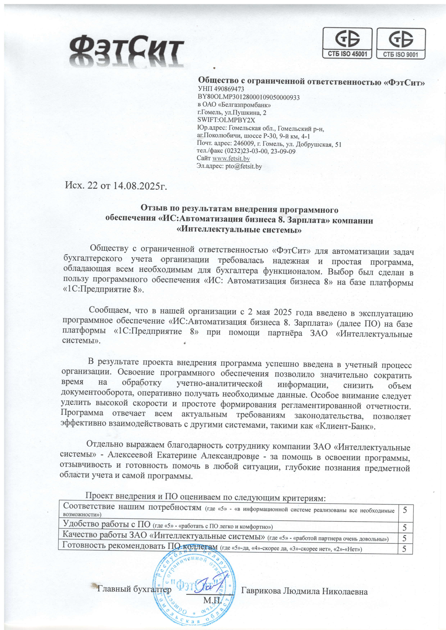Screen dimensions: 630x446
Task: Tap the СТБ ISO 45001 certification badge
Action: tap(347, 43)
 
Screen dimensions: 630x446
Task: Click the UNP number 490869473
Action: tap(229, 89)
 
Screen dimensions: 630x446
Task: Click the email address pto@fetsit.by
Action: tap(244, 166)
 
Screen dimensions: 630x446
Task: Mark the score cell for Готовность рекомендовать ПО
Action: tap(405, 549)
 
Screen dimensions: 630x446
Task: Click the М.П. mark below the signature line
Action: tap(212, 601)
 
